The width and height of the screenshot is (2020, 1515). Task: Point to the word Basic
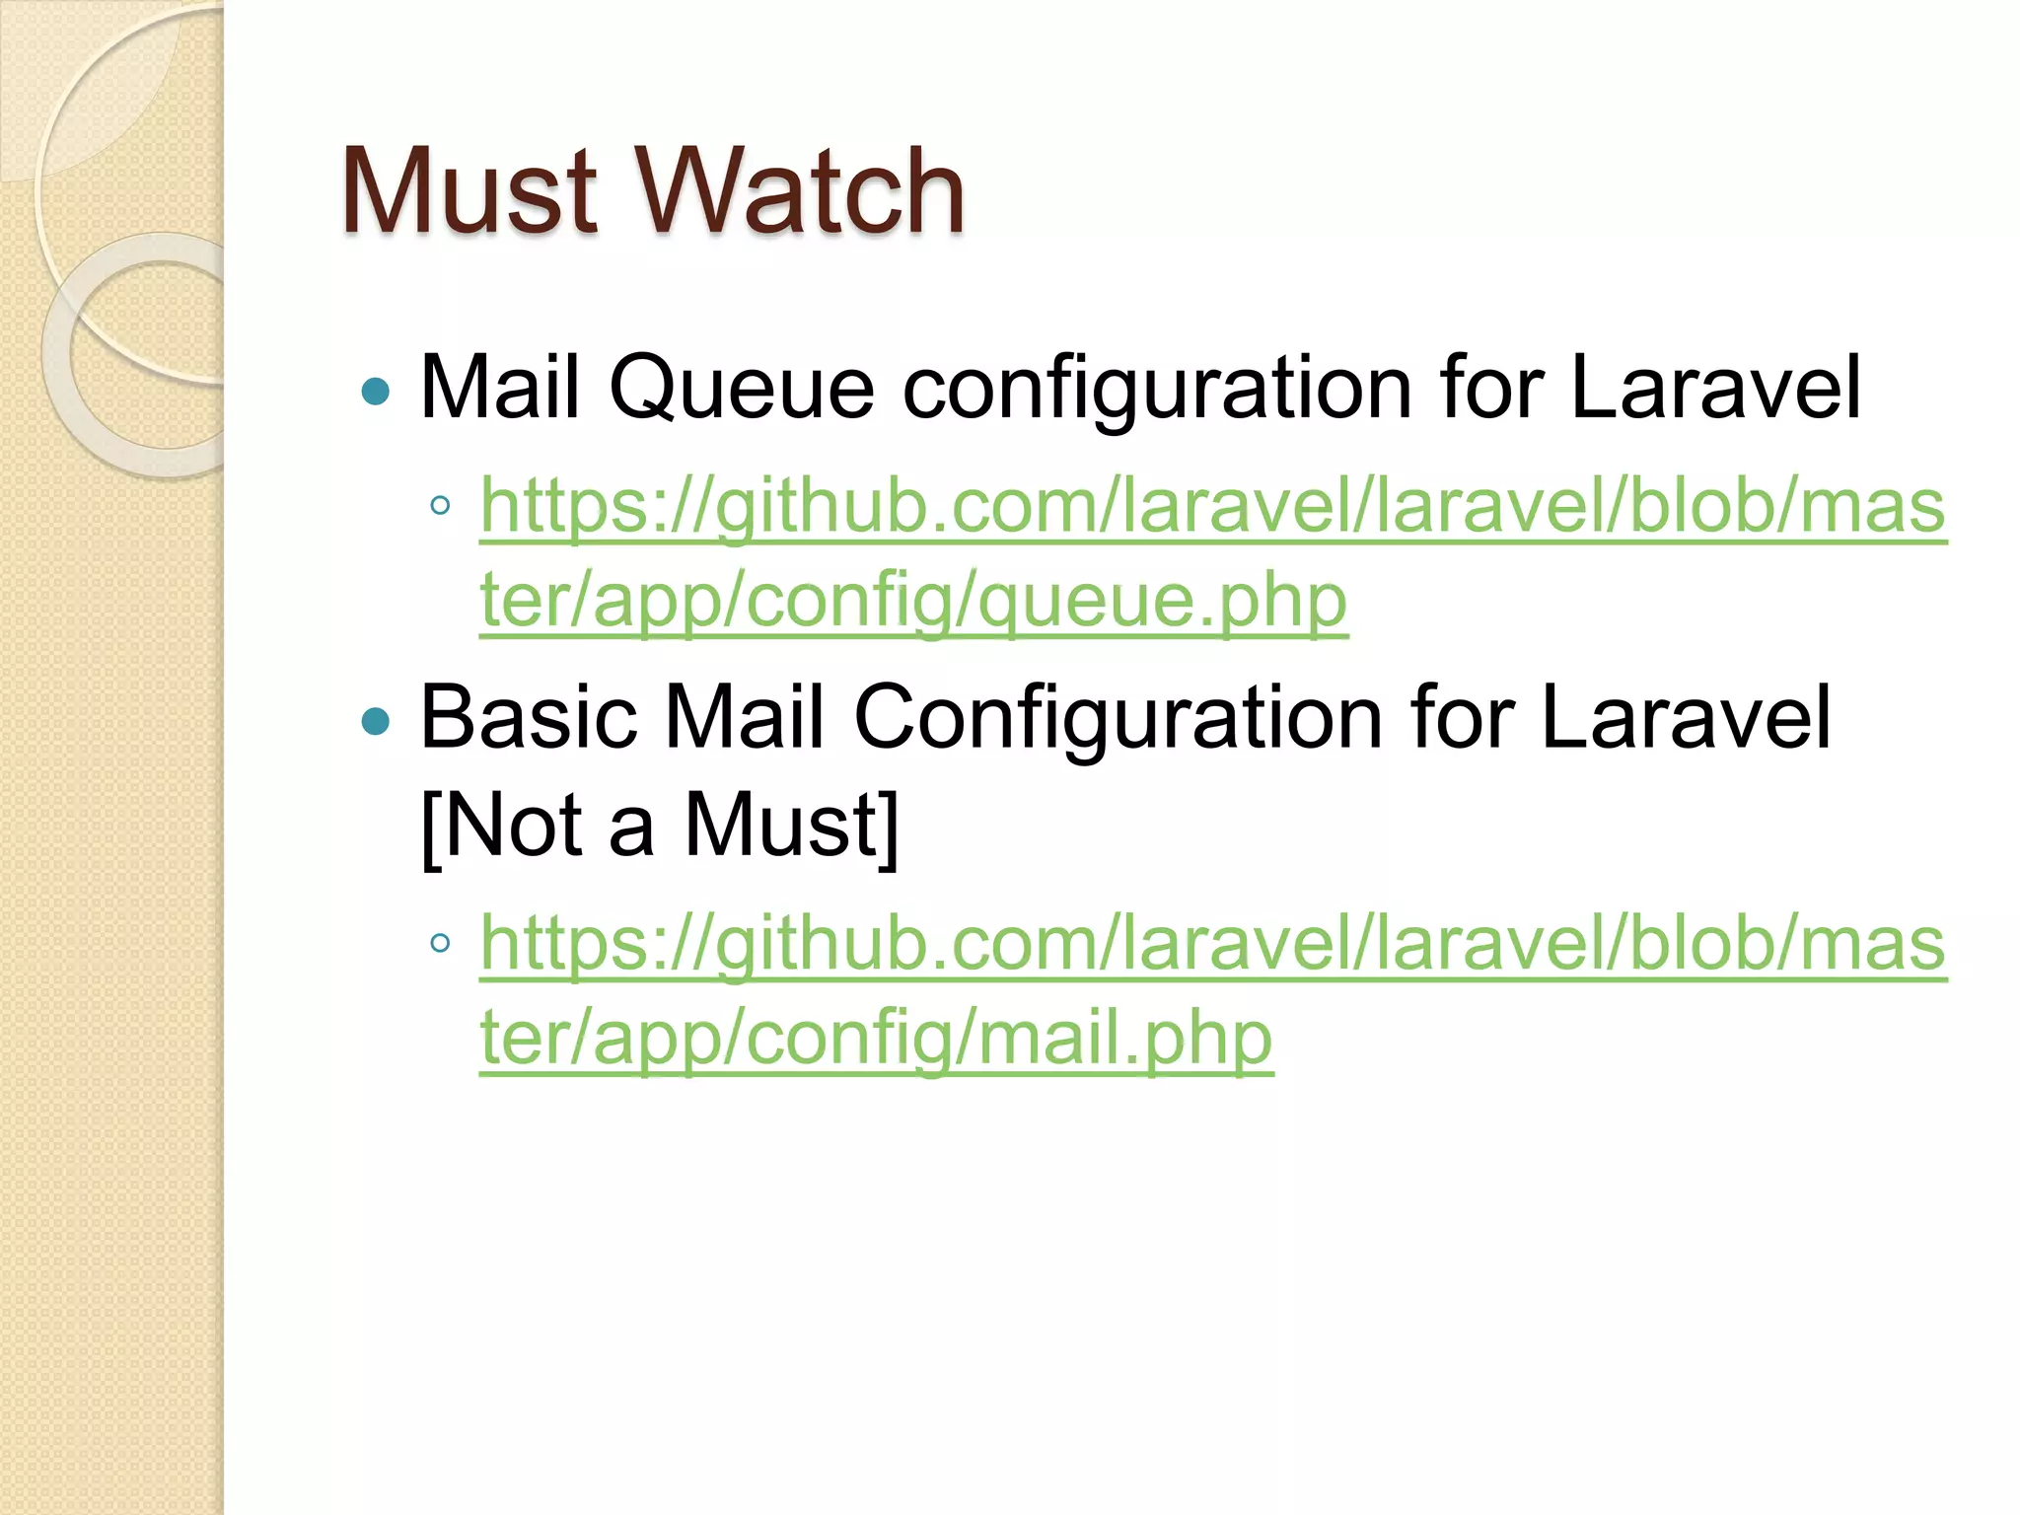point(529,717)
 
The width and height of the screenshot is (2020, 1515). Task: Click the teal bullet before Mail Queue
point(376,393)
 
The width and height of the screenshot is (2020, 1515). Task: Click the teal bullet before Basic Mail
point(376,722)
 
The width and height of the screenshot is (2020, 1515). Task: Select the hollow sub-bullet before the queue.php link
point(440,507)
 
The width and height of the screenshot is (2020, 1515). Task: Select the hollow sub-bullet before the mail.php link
point(440,944)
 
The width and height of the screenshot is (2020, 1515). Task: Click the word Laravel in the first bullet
point(1714,388)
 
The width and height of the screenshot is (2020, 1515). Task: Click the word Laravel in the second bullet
point(1685,717)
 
